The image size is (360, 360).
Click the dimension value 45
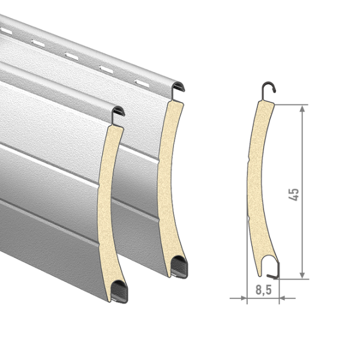pos(294,194)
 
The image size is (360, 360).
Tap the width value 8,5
pos(263,290)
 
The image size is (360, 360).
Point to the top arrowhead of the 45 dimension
pos(302,109)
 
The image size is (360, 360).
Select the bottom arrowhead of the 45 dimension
pos(302,275)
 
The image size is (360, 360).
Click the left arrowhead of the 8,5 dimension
pos(244,298)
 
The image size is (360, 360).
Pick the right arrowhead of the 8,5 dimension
pos(283,298)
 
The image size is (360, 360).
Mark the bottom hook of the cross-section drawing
pos(274,272)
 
